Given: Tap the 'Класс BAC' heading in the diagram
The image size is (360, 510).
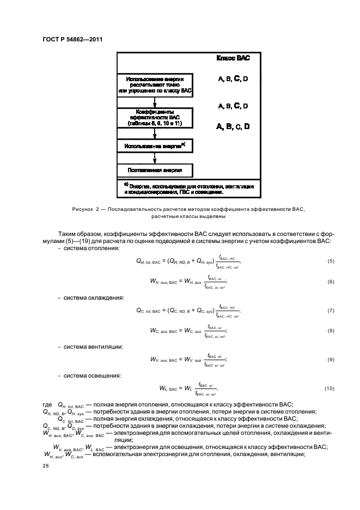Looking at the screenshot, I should (234, 58).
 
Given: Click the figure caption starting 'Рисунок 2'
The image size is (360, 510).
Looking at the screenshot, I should (188, 212).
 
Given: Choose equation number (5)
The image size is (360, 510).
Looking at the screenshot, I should (331, 262).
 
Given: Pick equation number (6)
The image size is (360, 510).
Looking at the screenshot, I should (331, 281).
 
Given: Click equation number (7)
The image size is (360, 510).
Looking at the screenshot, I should (331, 311).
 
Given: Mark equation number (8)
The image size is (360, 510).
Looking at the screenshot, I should (331, 331).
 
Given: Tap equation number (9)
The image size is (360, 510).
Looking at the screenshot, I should (331, 359).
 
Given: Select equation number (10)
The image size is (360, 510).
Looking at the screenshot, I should (329, 388).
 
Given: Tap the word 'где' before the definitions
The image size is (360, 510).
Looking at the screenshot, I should (47, 404).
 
